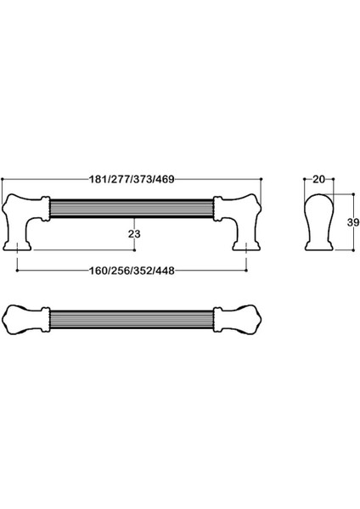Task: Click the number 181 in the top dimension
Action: tap(99, 179)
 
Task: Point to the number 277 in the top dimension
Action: tap(121, 179)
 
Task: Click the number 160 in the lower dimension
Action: tap(99, 272)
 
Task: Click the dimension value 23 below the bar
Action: tap(133, 232)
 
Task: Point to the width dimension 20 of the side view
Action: tap(318, 179)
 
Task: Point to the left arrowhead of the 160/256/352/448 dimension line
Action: tap(20, 272)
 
